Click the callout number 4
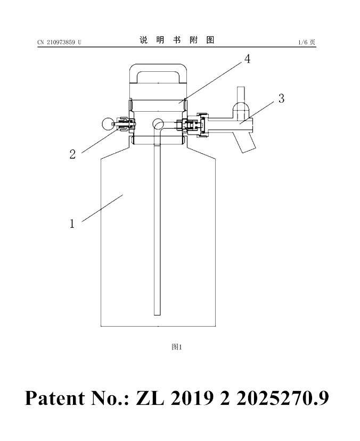(247, 59)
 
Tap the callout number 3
(281, 98)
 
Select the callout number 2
(72, 154)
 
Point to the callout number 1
(72, 223)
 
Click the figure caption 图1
(177, 347)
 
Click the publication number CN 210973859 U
(59, 43)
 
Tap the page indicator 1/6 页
(307, 43)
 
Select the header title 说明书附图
(177, 40)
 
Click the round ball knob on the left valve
(108, 124)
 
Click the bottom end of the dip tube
(157, 314)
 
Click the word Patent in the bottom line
(55, 398)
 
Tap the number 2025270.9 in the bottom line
(282, 398)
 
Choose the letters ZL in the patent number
(150, 398)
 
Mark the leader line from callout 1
(102, 208)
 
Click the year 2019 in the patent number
(191, 398)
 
